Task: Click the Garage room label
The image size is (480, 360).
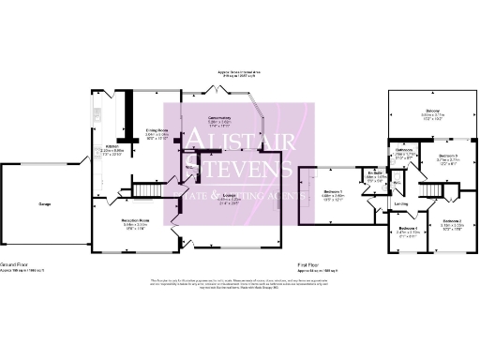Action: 44,203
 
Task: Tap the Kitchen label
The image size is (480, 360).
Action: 111,147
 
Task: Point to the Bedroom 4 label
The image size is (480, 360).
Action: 408,229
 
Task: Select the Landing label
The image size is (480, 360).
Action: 401,203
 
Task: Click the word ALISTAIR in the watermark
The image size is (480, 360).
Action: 239,140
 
